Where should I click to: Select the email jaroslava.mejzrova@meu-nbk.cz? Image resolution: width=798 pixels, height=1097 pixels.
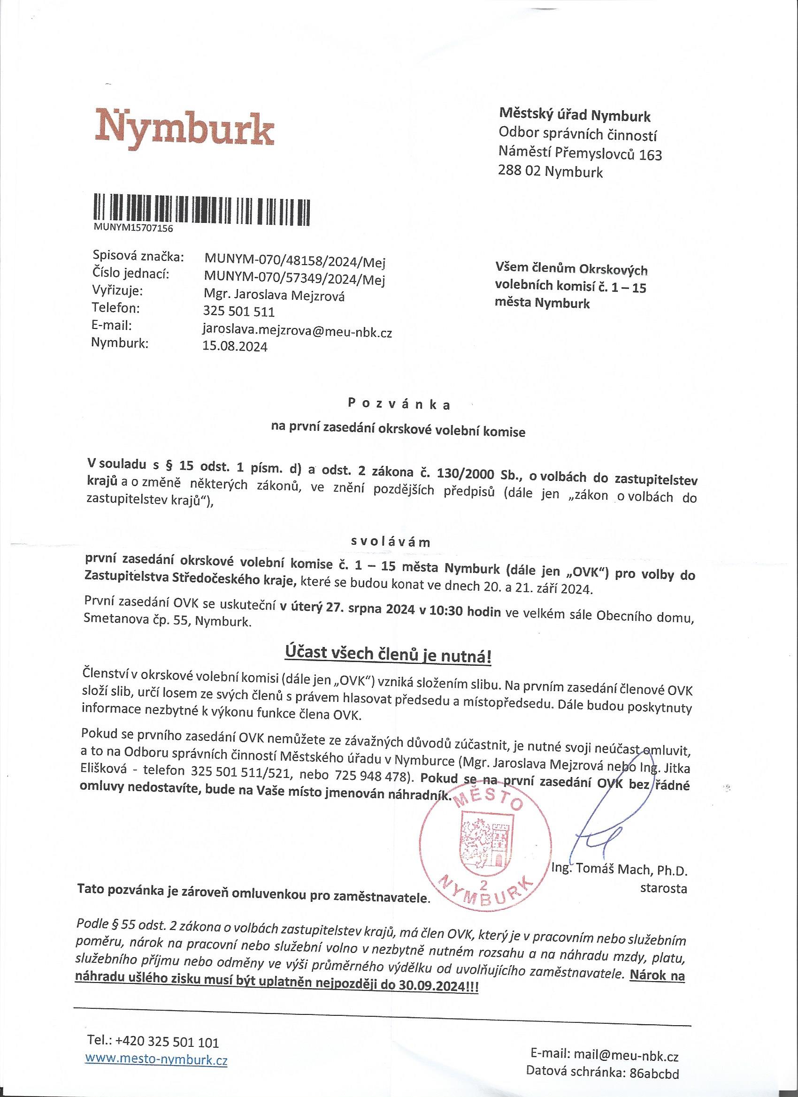pos(298,333)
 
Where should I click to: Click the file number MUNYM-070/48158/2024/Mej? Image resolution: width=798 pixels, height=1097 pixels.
pos(295,263)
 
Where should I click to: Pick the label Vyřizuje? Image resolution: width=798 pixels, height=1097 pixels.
pos(118,292)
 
